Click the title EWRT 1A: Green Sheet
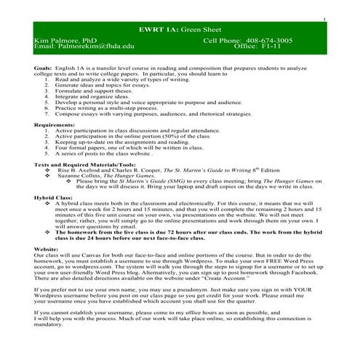pyautogui.click(x=180, y=28)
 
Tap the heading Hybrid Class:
pyautogui.click(x=56, y=197)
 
